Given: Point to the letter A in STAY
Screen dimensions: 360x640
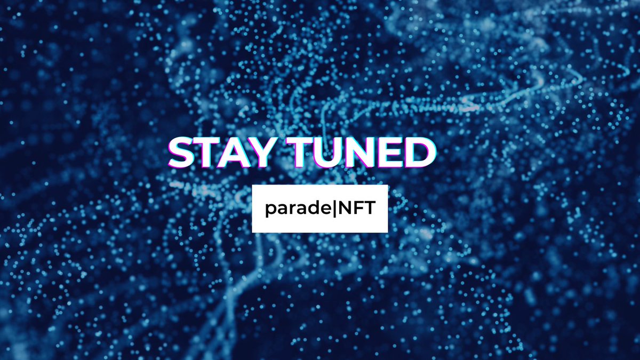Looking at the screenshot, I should [x=237, y=153].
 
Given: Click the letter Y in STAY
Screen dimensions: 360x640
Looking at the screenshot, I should [x=265, y=153].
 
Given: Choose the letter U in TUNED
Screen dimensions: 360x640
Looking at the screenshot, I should [x=329, y=153].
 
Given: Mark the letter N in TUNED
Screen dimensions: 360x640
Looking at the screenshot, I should [x=360, y=153].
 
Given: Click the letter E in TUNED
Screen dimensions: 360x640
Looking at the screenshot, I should [x=389, y=153].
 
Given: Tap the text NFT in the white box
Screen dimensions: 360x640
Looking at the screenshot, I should [x=356, y=209].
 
